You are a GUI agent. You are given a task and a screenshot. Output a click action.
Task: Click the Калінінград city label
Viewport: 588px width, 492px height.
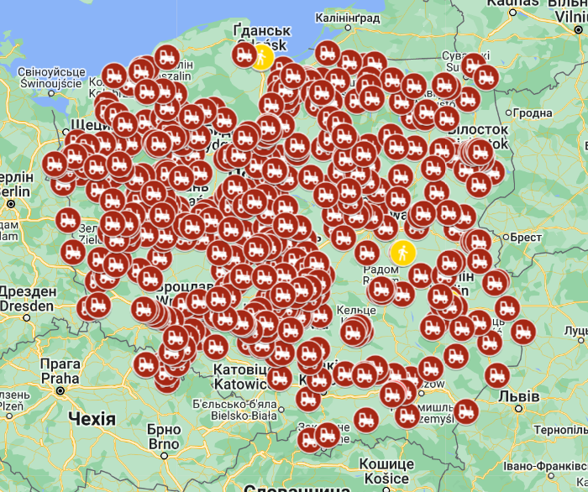tap(347, 17)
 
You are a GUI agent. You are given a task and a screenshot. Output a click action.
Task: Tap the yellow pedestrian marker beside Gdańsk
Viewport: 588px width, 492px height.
tap(263, 56)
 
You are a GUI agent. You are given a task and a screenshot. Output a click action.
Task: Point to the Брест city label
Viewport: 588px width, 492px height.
tap(526, 238)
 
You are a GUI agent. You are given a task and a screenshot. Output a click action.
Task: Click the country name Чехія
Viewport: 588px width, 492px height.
tap(92, 418)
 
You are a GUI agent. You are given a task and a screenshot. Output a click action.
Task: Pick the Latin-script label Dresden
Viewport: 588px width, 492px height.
tap(26, 306)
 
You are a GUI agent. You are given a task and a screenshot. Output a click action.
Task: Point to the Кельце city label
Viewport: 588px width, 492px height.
tap(356, 311)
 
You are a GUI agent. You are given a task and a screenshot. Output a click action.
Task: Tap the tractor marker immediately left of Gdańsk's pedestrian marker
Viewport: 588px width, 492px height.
tap(244, 55)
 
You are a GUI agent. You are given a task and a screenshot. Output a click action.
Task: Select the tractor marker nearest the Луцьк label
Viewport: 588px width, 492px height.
tap(522, 332)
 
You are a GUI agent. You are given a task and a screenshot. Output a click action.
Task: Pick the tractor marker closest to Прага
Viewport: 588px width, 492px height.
tap(145, 364)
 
